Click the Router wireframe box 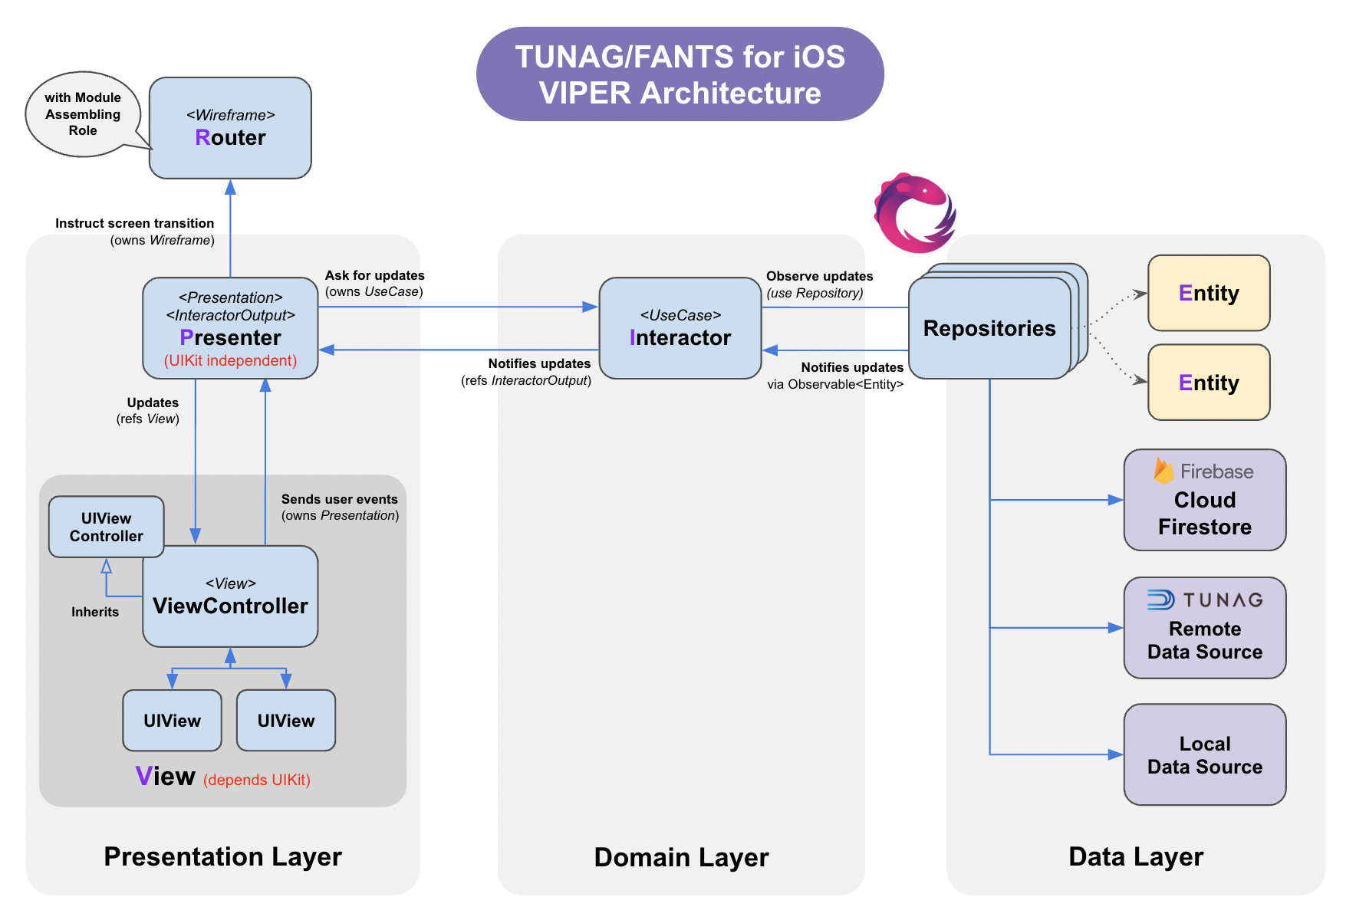coord(230,128)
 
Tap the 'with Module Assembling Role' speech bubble coord(83,114)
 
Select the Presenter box coord(230,328)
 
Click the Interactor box coord(680,328)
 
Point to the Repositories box coord(989,328)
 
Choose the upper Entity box coord(1209,293)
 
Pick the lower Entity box coord(1209,383)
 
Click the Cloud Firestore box coord(1205,500)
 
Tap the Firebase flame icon coord(1163,471)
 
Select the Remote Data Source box coord(1205,628)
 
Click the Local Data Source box coord(1205,754)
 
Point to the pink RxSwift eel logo coord(915,213)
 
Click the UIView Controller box coord(106,527)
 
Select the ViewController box coord(230,596)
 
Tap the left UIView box coord(172,721)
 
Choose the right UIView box coord(286,721)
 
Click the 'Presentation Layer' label coord(222,856)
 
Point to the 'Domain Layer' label coord(681,857)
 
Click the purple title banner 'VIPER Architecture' coord(680,74)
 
